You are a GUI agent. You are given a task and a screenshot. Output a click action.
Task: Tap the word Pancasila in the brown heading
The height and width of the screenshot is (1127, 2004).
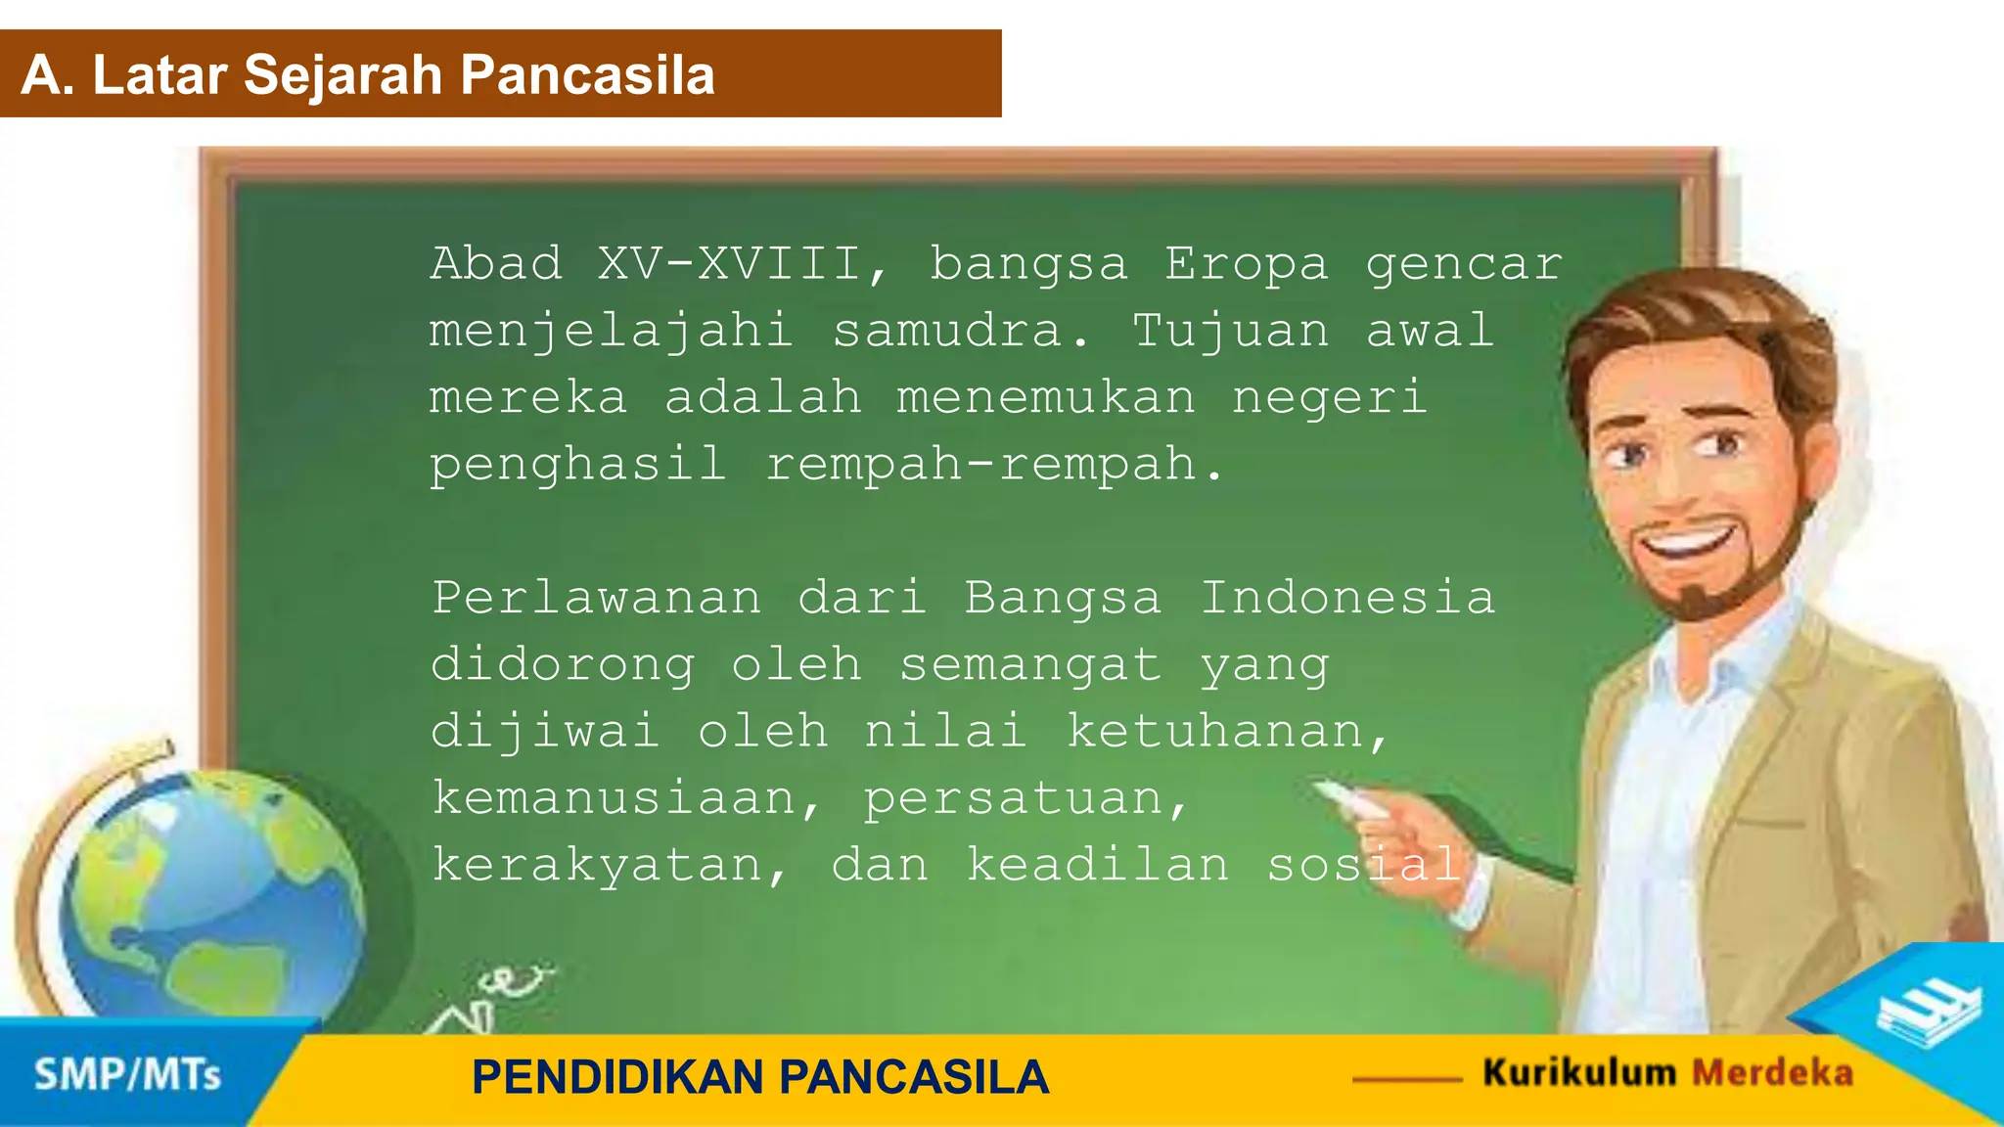point(587,75)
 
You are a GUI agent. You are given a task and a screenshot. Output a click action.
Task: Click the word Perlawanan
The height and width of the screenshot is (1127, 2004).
point(597,598)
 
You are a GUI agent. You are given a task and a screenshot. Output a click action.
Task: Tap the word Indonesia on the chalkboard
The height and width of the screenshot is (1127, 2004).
point(1348,598)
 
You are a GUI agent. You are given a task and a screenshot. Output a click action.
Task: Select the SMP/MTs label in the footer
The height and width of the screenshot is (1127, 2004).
point(127,1075)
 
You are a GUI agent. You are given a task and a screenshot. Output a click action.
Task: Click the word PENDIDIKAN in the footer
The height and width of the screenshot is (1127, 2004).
point(616,1077)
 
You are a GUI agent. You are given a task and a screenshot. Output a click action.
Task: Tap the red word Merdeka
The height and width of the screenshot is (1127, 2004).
point(1772,1072)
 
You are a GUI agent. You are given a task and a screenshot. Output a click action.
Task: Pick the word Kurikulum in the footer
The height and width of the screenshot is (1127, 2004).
point(1579,1072)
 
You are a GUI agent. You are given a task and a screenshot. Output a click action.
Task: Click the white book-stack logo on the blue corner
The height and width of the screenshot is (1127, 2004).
point(1928,1013)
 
